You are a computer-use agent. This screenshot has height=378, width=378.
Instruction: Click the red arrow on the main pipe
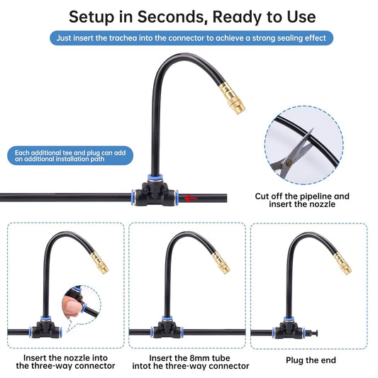click(191, 199)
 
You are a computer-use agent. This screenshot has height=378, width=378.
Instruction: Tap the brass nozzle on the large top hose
click(232, 99)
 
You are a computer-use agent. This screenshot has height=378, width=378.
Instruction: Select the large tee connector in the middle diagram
click(155, 191)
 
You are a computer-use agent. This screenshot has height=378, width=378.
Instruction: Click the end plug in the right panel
click(311, 333)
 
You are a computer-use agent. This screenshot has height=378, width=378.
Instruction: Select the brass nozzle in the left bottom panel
click(100, 263)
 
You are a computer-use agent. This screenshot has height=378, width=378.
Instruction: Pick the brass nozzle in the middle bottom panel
click(221, 263)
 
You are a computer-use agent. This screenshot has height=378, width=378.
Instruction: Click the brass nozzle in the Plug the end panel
click(343, 263)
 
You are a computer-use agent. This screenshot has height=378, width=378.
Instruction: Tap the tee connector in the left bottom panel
click(45, 328)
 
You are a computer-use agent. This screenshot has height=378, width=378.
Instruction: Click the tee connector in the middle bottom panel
click(167, 328)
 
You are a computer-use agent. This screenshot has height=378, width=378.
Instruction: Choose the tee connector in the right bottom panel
click(289, 328)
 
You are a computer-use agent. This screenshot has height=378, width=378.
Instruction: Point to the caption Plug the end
click(311, 360)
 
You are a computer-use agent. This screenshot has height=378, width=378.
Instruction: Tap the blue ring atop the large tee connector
click(155, 177)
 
